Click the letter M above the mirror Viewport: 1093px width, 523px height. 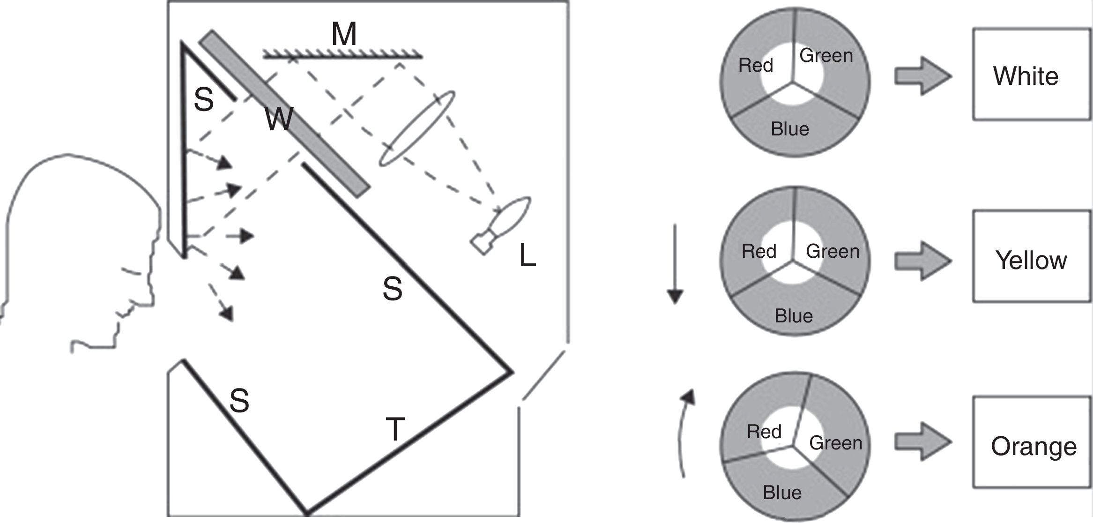[x=344, y=35]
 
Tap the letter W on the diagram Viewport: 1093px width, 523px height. [x=279, y=119]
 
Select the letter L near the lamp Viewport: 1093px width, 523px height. [x=528, y=256]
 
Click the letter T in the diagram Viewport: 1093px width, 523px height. [x=395, y=429]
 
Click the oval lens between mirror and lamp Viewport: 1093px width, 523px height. [x=416, y=128]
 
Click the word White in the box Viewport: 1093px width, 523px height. [x=1026, y=76]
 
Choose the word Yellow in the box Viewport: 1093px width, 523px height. [x=1031, y=260]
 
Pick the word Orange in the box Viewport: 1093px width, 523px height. [x=1034, y=447]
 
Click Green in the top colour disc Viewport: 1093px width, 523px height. [x=826, y=56]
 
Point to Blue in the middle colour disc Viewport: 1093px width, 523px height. [x=794, y=316]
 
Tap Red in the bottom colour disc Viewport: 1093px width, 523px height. [x=764, y=432]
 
